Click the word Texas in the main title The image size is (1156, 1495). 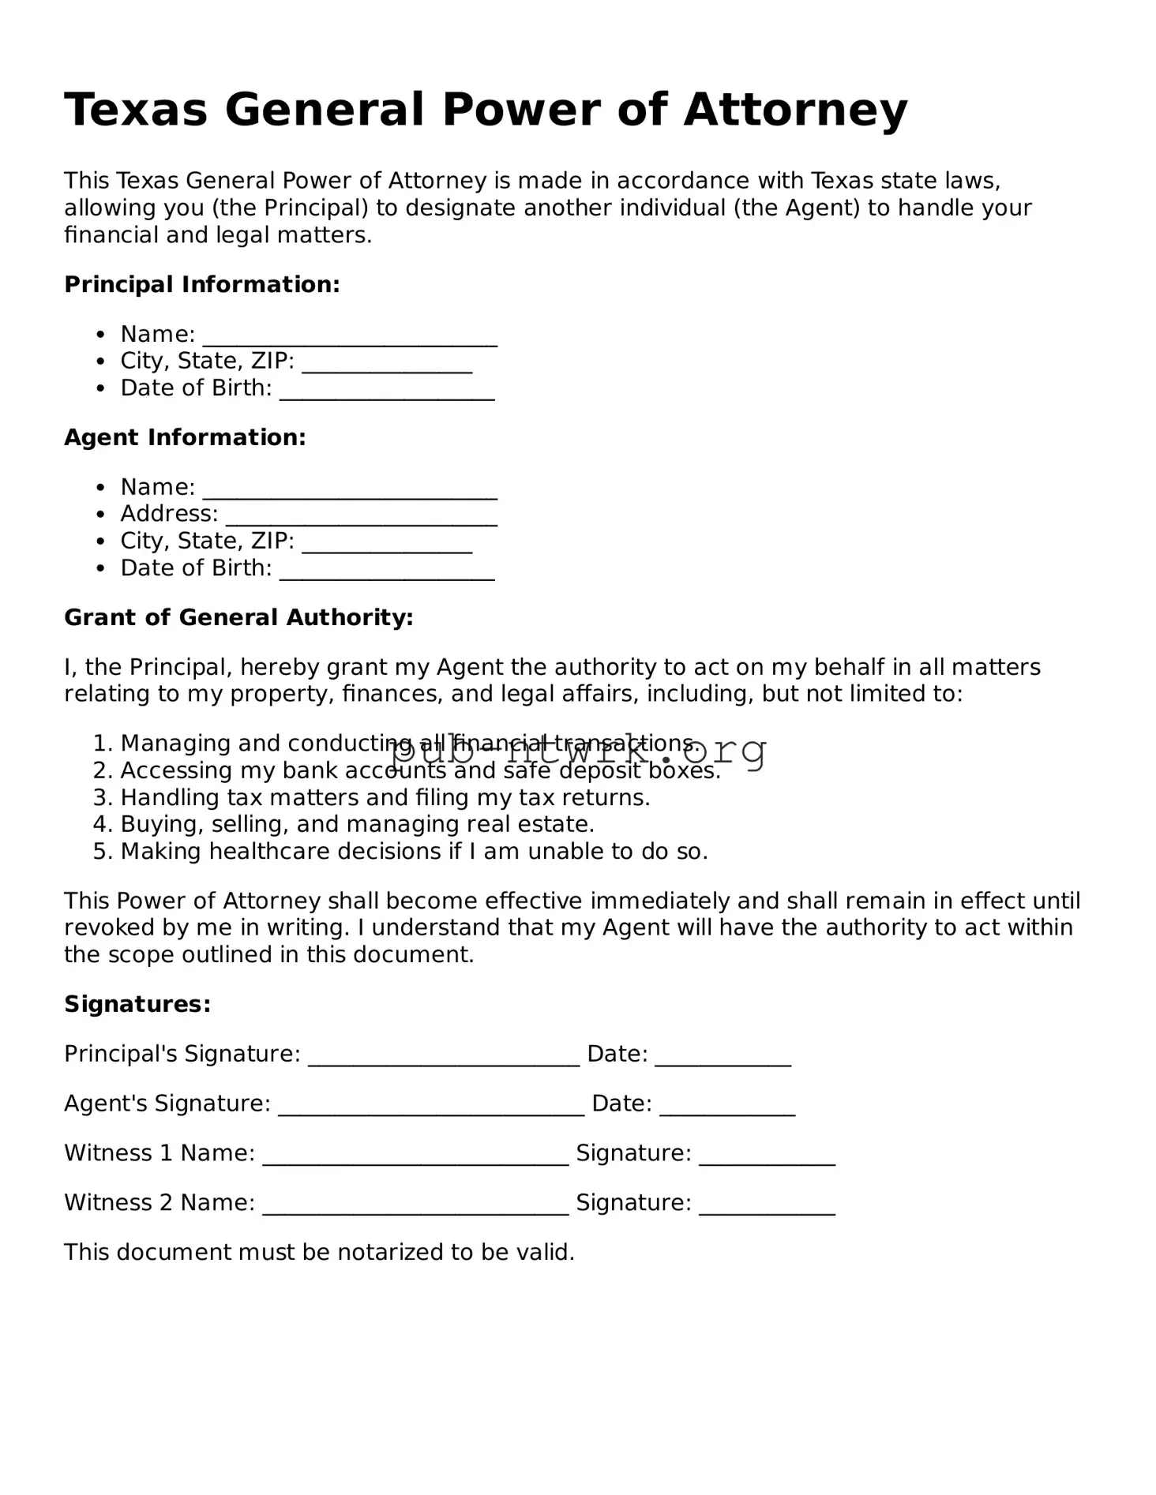pos(135,110)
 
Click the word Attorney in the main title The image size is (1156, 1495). pos(795,110)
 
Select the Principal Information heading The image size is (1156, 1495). pos(201,284)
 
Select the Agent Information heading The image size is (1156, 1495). pos(185,437)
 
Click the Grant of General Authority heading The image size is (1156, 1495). pos(238,617)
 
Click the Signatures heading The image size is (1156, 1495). pos(137,1004)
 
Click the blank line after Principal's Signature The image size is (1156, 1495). pos(444,1057)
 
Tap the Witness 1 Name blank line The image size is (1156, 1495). pos(415,1156)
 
